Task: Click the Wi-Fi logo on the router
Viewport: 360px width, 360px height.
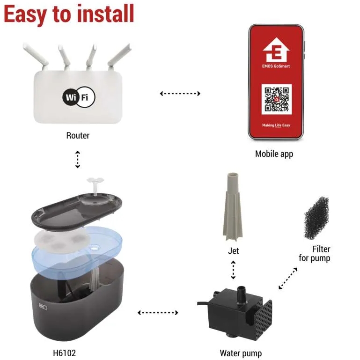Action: tap(79, 97)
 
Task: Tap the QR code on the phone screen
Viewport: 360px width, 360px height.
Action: tap(276, 99)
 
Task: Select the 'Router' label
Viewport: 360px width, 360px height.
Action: tap(78, 135)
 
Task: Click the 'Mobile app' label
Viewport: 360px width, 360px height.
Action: tap(274, 154)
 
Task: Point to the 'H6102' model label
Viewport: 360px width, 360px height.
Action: tap(64, 353)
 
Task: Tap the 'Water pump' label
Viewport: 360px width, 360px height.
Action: tap(241, 353)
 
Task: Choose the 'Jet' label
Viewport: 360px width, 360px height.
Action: tap(233, 251)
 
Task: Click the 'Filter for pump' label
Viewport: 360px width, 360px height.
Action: tap(315, 253)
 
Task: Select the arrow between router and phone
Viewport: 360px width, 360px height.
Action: tap(180, 94)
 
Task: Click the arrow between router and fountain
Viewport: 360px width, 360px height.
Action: tap(78, 159)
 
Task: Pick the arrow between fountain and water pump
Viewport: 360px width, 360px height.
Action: tap(158, 312)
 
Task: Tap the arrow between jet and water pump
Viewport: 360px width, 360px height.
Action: tap(233, 270)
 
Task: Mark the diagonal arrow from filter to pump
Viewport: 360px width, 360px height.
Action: tap(288, 278)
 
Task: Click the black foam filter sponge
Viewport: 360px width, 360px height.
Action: tap(317, 218)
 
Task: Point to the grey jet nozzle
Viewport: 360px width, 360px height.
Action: tap(233, 207)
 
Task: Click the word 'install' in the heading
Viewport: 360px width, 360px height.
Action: tap(105, 14)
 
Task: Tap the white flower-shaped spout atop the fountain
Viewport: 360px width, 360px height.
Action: tap(95, 185)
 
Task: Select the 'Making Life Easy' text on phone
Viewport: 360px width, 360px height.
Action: tap(276, 125)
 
